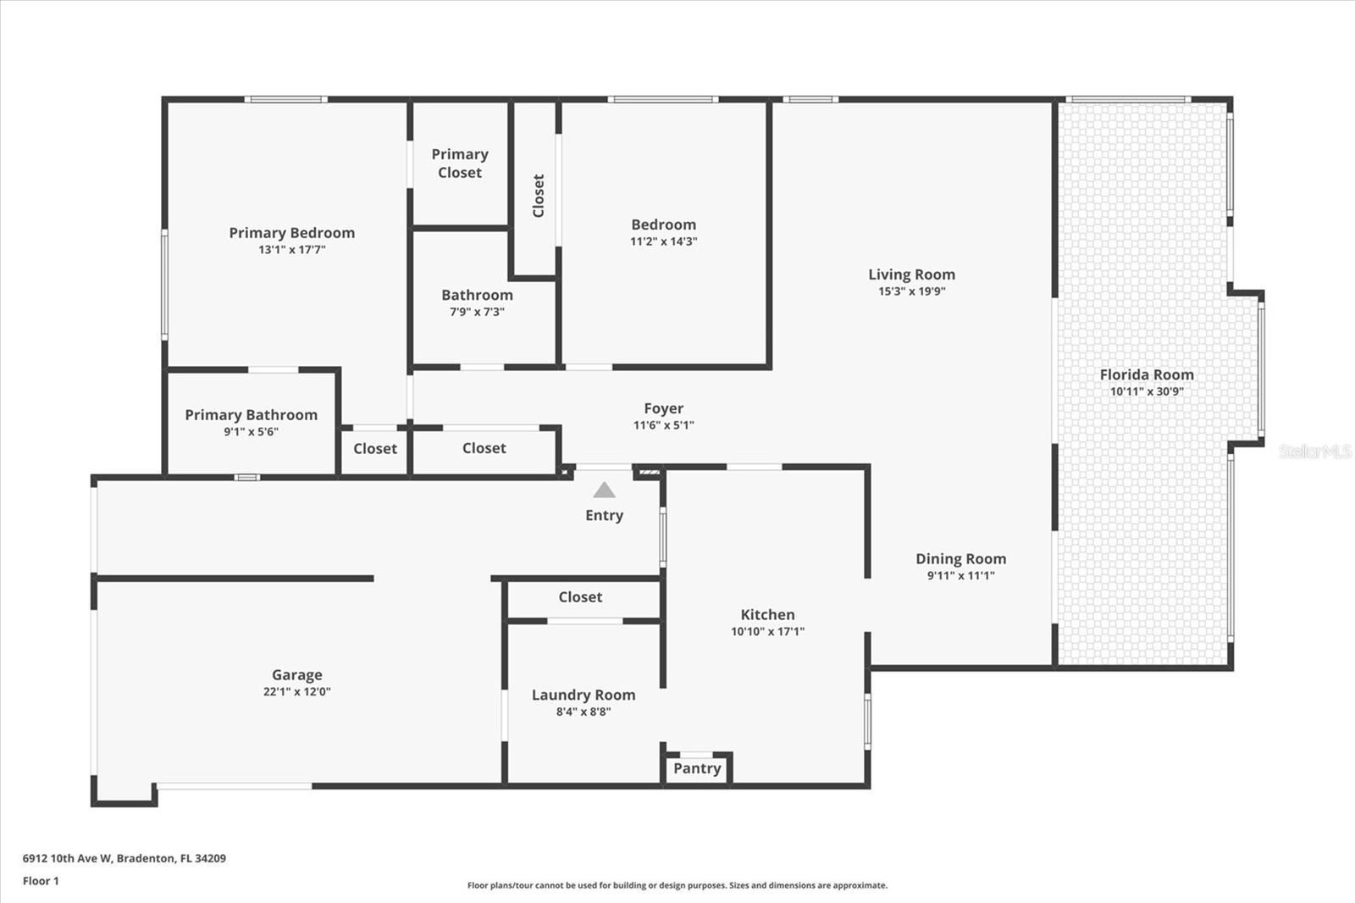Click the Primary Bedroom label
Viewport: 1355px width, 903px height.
click(x=291, y=233)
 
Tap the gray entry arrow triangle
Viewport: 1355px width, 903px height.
click(x=604, y=490)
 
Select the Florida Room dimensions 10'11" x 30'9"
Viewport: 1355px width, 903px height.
click(x=1147, y=391)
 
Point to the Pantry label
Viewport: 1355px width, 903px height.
click(x=697, y=768)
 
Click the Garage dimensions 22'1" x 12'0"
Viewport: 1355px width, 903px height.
click(x=296, y=691)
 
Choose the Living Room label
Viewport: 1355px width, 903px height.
click(x=911, y=274)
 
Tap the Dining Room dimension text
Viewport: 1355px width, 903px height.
click(x=960, y=575)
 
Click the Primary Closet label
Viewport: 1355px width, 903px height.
click(x=460, y=163)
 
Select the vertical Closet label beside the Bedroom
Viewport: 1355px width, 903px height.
click(x=538, y=196)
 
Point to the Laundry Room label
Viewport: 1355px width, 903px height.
click(x=583, y=695)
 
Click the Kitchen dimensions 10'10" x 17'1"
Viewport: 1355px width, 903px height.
click(x=767, y=631)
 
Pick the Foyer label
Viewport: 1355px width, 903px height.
click(x=663, y=408)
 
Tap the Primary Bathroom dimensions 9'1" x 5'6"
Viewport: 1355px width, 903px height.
click(x=251, y=431)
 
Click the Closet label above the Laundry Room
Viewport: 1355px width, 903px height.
click(x=580, y=597)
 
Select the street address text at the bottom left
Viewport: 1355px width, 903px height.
click(x=124, y=858)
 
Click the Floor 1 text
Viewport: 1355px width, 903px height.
click(x=41, y=881)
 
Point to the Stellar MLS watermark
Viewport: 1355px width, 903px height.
click(x=1315, y=451)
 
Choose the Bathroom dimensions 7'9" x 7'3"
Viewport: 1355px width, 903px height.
click(x=477, y=312)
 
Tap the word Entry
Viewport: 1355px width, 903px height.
click(x=604, y=515)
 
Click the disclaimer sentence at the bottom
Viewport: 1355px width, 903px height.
click(x=677, y=885)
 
